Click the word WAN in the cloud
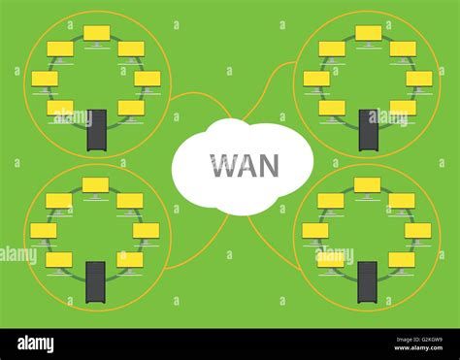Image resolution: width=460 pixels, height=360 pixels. pyautogui.click(x=243, y=165)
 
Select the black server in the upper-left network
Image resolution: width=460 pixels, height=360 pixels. pyautogui.click(x=96, y=130)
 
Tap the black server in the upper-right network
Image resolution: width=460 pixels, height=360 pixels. pyautogui.click(x=368, y=130)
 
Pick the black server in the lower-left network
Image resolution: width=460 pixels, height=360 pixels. pyautogui.click(x=95, y=281)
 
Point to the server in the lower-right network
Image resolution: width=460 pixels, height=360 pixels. pyautogui.click(x=367, y=281)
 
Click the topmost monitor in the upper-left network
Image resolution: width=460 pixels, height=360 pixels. pyautogui.click(x=96, y=34)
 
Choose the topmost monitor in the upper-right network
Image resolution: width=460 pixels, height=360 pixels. pyautogui.click(x=368, y=34)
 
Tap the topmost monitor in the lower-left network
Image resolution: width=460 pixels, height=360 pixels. pyautogui.click(x=95, y=185)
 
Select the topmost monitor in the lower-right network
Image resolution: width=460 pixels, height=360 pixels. pyautogui.click(x=367, y=185)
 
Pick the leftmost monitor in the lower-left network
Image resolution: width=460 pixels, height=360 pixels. pyautogui.click(x=43, y=231)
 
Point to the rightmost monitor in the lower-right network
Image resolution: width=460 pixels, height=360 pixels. pyautogui.click(x=418, y=231)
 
